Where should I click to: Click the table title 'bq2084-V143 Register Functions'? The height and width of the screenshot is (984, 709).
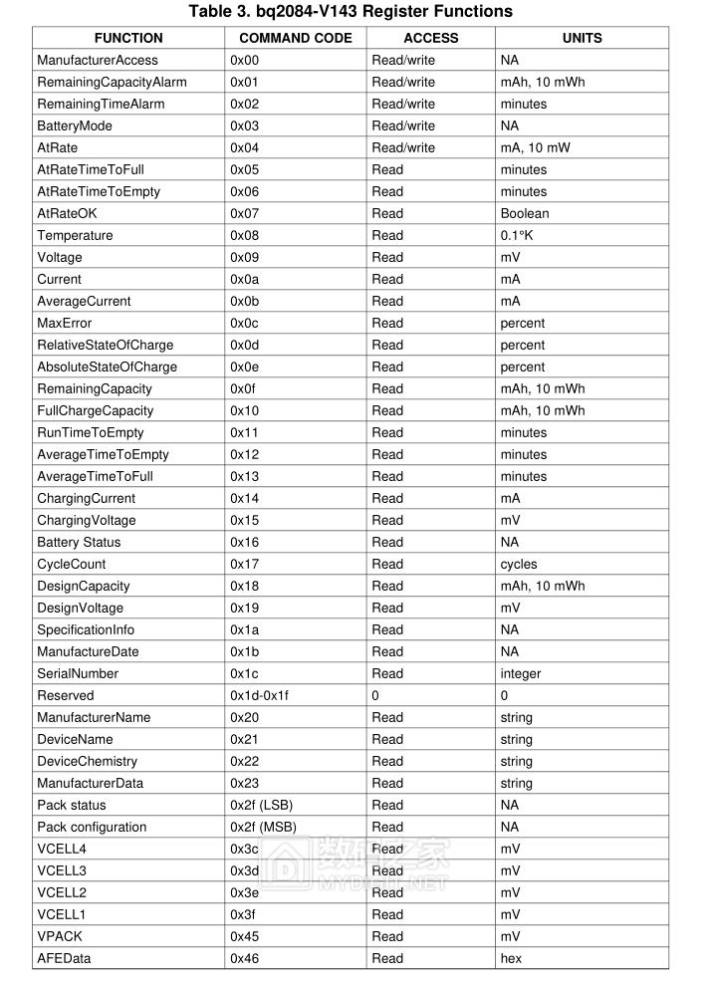click(x=351, y=12)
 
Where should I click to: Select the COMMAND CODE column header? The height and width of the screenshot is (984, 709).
click(x=296, y=38)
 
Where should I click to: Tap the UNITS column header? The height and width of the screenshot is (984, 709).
click(x=582, y=38)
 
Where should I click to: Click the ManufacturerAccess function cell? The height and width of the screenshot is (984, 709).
click(x=97, y=60)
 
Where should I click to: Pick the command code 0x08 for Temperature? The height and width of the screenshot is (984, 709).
click(x=244, y=235)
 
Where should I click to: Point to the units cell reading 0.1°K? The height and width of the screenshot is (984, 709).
click(x=517, y=235)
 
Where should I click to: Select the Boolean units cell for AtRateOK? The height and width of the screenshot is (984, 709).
click(x=525, y=213)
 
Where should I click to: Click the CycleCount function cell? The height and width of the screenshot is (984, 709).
click(x=71, y=564)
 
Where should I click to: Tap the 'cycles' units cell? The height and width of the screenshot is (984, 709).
click(x=519, y=564)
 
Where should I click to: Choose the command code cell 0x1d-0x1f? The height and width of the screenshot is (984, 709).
click(x=259, y=695)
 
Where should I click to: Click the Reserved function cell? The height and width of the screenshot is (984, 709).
click(x=65, y=695)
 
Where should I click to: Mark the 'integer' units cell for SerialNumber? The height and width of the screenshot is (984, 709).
click(x=521, y=673)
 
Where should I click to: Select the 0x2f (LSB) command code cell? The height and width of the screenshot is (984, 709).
click(x=261, y=805)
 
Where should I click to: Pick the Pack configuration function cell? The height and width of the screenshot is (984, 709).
click(x=92, y=827)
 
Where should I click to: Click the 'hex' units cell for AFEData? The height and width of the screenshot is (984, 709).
click(x=511, y=958)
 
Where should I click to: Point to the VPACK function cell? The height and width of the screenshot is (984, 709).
click(x=60, y=936)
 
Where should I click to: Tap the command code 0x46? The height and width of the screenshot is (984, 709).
click(x=244, y=958)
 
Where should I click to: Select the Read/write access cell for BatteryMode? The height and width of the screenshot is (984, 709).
click(x=403, y=125)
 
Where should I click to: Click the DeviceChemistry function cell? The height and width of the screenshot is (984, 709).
click(x=89, y=761)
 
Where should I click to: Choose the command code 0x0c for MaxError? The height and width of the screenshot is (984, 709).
click(x=244, y=323)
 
